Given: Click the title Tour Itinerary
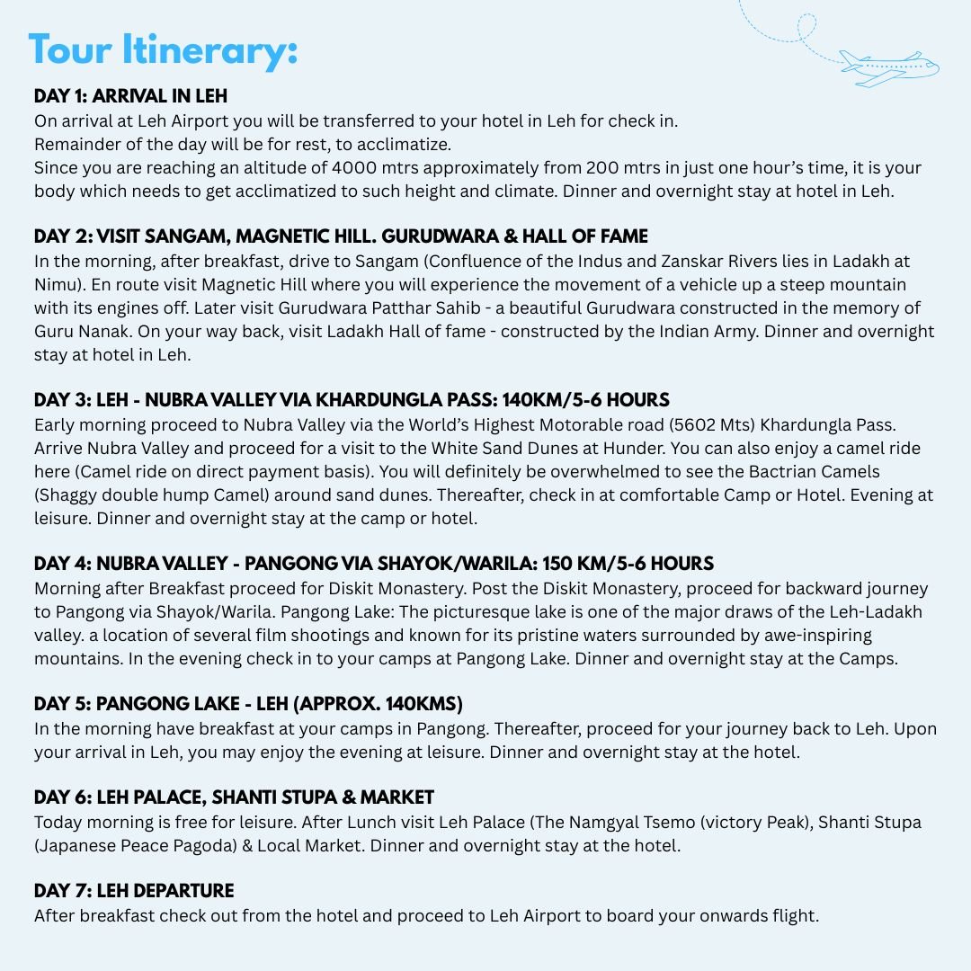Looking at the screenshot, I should click(x=163, y=50).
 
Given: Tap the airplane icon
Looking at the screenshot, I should click(x=887, y=68).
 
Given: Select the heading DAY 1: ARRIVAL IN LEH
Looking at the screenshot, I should click(x=130, y=96).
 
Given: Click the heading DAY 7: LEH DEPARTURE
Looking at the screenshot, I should click(x=134, y=891).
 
